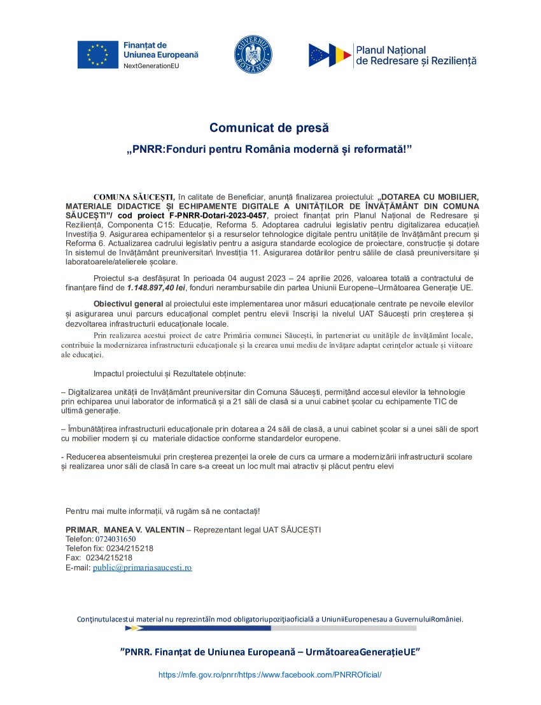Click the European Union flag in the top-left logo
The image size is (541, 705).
[x=97, y=55]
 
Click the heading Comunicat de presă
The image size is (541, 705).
[x=270, y=128]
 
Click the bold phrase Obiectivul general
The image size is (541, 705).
[x=128, y=303]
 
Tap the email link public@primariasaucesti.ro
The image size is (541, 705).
[x=142, y=567]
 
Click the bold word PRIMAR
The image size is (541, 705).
[x=81, y=530]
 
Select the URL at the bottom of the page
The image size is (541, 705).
[x=270, y=674]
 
